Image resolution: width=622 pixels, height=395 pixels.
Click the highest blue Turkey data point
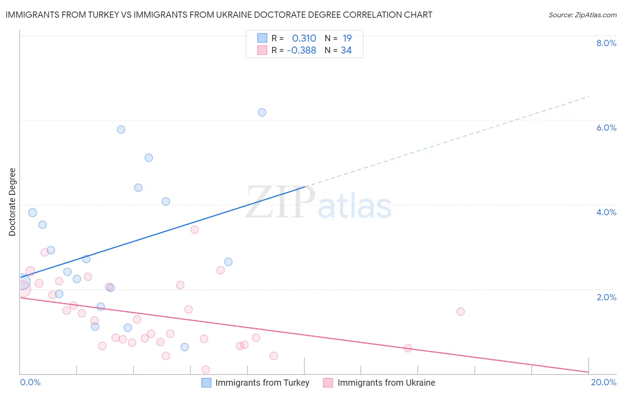[x=262, y=112]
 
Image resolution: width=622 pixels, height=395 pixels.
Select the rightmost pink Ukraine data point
[x=461, y=311]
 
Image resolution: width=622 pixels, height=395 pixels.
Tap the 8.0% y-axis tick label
[x=606, y=43]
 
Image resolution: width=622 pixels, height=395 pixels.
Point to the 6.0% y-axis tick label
[x=606, y=128]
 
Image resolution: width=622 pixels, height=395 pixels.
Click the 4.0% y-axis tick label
[x=606, y=212]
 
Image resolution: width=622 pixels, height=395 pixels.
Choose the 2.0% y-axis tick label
[x=606, y=297]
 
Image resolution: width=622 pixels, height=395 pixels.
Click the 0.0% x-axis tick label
[x=30, y=382]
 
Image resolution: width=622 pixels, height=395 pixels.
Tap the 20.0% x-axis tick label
[x=603, y=382]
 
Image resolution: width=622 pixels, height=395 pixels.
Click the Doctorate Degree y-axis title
[x=12, y=202]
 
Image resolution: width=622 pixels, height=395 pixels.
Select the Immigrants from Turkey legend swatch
[x=206, y=383]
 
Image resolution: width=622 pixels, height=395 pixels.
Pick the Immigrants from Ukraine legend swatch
[x=328, y=383]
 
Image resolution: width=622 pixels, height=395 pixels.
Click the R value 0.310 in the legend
[x=304, y=39]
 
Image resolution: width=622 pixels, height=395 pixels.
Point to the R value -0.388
[x=301, y=50]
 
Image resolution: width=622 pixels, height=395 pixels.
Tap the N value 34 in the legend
[x=346, y=50]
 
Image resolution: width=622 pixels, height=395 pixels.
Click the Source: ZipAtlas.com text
[x=582, y=15]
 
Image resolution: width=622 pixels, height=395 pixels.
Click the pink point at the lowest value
[x=205, y=370]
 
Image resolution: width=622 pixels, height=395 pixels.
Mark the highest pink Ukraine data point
[x=194, y=229]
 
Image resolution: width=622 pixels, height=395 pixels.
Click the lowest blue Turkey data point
[x=184, y=347]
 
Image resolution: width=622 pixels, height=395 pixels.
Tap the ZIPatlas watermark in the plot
[x=319, y=203]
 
